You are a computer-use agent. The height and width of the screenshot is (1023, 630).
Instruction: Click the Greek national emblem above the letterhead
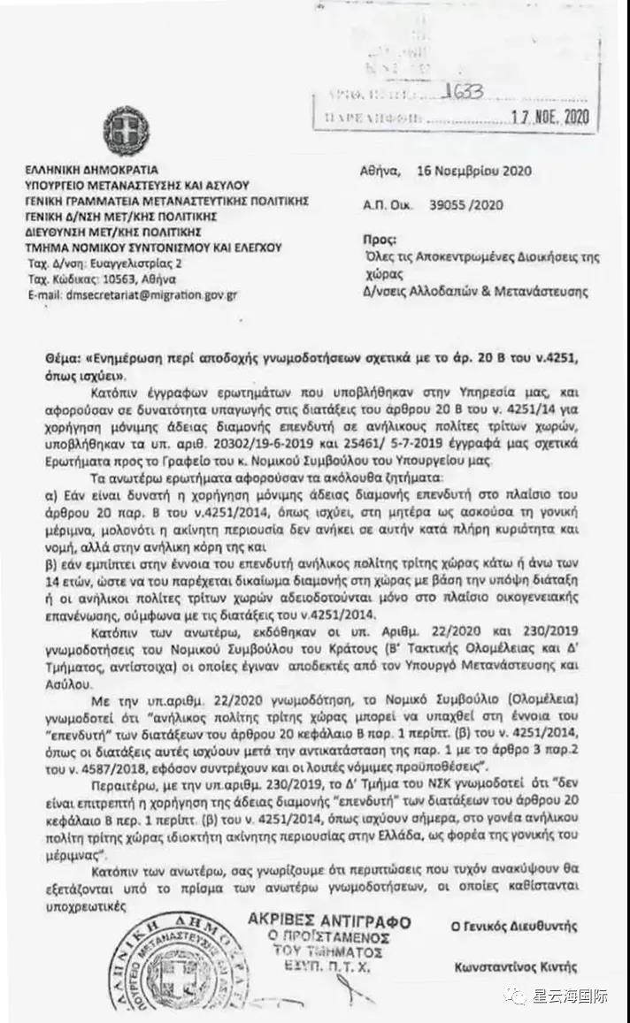pyautogui.click(x=127, y=130)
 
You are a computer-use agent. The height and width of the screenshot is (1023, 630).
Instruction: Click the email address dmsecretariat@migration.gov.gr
pyautogui.click(x=133, y=295)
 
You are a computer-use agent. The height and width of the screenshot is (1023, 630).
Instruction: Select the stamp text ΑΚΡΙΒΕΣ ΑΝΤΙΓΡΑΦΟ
pyautogui.click(x=329, y=922)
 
